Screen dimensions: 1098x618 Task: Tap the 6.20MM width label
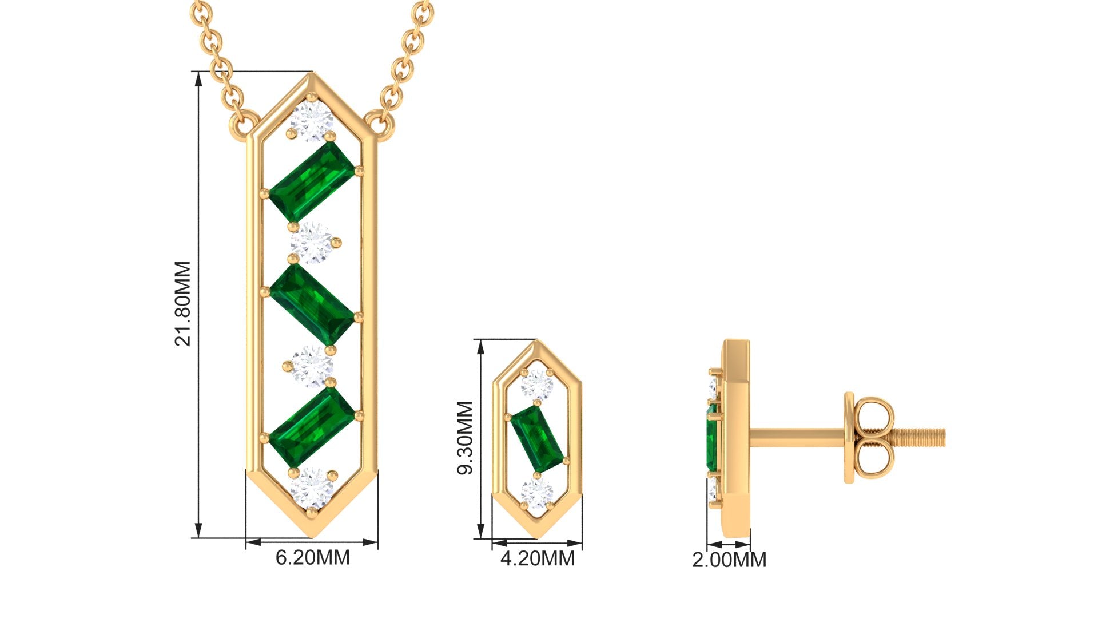(313, 557)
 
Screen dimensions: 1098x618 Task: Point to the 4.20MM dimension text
(538, 558)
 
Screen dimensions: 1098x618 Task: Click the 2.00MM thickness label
(729, 560)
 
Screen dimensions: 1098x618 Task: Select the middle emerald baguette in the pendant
(313, 304)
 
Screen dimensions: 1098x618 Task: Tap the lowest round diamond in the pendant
(312, 488)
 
